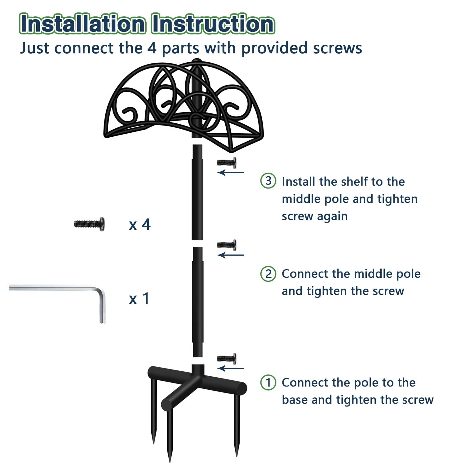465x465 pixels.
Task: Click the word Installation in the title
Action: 82,24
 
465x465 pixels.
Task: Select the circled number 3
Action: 268,180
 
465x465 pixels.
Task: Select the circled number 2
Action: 268,274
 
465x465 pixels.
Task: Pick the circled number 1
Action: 268,382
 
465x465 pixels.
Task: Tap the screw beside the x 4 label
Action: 89,224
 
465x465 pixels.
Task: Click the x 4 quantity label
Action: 140,224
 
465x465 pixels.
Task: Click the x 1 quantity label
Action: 139,299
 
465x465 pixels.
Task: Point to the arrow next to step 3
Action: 231,172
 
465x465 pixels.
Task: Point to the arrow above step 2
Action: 231,255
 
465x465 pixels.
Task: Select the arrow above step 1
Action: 231,368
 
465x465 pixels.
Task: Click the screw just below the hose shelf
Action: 227,162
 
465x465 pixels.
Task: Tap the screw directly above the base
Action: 227,359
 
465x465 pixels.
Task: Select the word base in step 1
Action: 295,400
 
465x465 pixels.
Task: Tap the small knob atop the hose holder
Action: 196,60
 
